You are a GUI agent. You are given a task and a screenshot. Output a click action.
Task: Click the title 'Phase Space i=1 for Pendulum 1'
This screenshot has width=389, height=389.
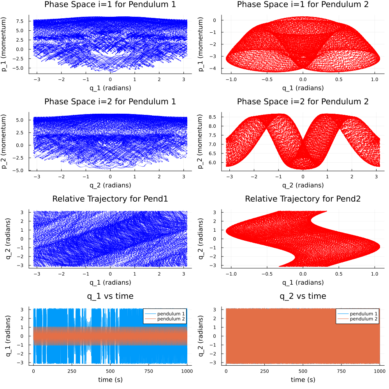pyautogui.click(x=110, y=5)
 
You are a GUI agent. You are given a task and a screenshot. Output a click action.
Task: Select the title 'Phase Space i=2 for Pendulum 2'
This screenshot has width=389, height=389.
pyautogui.click(x=303, y=102)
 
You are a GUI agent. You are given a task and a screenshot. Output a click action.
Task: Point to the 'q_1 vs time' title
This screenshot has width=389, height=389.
pyautogui.click(x=110, y=296)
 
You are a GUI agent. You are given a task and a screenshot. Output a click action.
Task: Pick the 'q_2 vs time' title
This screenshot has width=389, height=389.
pyautogui.click(x=303, y=296)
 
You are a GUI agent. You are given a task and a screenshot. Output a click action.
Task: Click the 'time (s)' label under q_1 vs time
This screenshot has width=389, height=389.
pyautogui.click(x=110, y=380)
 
